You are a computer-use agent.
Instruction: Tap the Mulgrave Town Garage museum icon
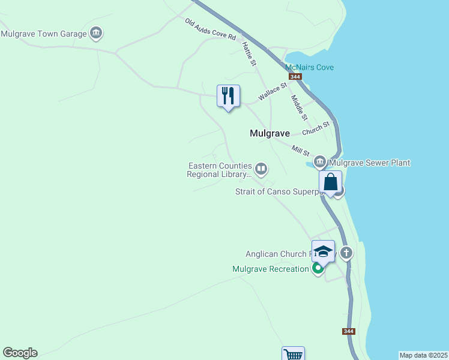95,32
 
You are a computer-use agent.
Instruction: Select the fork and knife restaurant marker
228,96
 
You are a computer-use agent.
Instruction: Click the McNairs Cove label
309,67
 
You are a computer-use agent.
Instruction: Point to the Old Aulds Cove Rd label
210,29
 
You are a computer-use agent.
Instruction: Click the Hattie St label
249,53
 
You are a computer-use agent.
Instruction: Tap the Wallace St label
273,92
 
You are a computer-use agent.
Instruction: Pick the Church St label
316,128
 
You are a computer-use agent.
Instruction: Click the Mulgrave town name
270,134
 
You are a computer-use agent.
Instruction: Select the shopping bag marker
331,182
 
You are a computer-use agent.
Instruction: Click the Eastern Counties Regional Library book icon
261,169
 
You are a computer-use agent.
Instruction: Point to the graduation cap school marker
323,251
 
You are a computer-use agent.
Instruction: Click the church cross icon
346,253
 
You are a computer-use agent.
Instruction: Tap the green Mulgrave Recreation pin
318,268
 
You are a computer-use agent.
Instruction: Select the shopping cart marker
293,354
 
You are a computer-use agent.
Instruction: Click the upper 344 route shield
295,77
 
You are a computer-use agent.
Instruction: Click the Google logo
20,353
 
